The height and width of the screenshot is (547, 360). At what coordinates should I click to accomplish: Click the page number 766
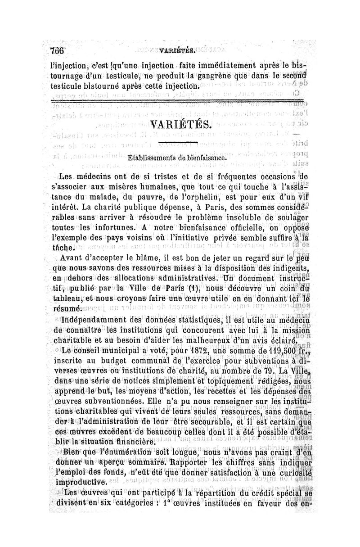[58, 50]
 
